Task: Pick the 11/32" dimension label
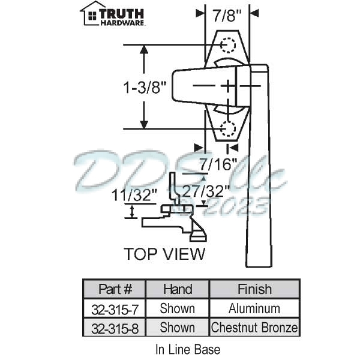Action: click(133, 193)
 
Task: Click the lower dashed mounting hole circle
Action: click(228, 128)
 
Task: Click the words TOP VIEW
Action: click(164, 253)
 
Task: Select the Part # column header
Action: click(115, 289)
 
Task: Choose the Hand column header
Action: click(178, 289)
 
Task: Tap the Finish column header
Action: click(254, 289)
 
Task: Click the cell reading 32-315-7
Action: click(115, 308)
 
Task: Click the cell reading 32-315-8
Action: click(115, 328)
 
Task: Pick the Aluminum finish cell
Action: click(254, 308)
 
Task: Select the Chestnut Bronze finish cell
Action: click(254, 328)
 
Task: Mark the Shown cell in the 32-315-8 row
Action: click(178, 328)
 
